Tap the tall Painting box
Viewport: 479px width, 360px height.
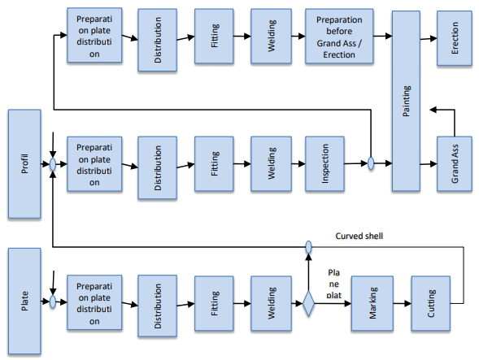point(407,102)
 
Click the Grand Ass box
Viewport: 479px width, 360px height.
point(454,163)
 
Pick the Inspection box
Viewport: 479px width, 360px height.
point(324,163)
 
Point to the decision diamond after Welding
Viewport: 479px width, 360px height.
point(308,304)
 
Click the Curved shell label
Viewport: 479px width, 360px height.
point(359,236)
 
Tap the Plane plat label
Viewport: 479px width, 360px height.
point(333,284)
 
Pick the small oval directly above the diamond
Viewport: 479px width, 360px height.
point(308,245)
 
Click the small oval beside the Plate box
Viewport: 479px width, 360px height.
point(53,302)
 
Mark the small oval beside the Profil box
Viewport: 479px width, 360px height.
point(53,163)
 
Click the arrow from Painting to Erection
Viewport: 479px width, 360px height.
point(429,37)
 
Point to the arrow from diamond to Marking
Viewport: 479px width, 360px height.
point(333,303)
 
